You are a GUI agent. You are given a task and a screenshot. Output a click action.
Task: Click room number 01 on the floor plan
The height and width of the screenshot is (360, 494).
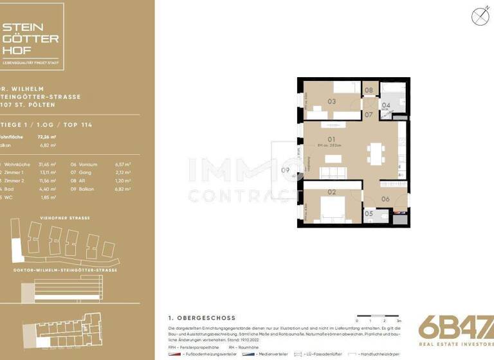(332, 139)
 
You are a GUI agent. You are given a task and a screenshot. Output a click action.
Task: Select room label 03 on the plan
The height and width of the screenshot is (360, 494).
(332, 101)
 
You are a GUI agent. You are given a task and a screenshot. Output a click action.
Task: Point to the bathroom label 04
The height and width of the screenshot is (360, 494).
(386, 105)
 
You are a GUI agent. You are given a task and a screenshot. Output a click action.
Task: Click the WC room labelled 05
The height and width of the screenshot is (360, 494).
(369, 213)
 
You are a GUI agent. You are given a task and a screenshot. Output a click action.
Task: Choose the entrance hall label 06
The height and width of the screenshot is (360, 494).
(385, 199)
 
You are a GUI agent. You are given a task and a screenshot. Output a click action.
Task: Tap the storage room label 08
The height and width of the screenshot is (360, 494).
(369, 91)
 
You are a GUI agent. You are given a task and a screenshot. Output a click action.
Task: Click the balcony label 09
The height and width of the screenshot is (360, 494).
(285, 170)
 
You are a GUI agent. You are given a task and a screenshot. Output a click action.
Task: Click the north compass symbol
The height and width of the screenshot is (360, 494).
(478, 16)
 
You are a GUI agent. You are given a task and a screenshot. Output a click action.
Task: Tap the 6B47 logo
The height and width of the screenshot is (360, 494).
(456, 329)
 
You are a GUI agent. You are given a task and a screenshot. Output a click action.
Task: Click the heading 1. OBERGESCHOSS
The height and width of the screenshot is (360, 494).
(201, 318)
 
